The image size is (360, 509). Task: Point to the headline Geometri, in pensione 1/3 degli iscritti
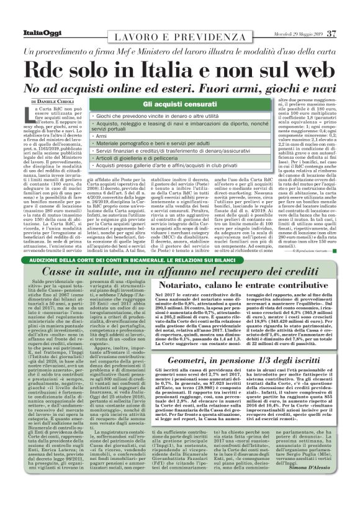252,343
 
